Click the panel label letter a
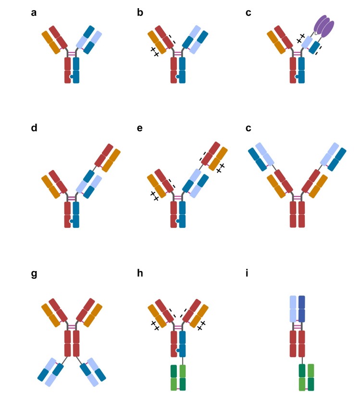click(34, 13)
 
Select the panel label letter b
click(140, 13)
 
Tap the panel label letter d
click(34, 128)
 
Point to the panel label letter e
click(140, 128)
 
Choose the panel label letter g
click(34, 275)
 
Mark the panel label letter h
click(140, 275)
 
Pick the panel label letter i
click(248, 275)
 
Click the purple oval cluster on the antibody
click(323, 26)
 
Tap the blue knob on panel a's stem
click(71, 76)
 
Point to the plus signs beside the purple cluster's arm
click(301, 38)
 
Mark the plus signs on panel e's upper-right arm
click(220, 167)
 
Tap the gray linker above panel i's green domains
click(302, 360)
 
